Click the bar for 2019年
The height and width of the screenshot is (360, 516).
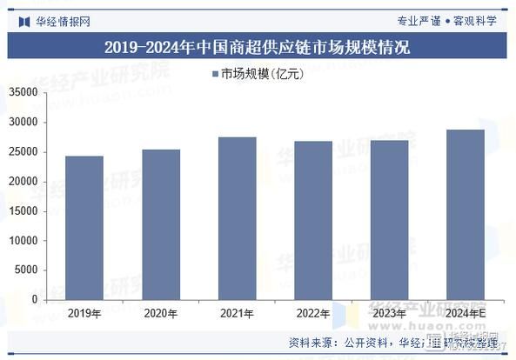(x=84, y=228)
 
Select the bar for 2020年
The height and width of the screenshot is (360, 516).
(x=161, y=224)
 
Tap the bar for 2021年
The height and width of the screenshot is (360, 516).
(x=238, y=218)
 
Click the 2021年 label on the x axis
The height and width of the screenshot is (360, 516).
(x=238, y=314)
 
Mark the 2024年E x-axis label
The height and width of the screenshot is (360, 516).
(x=466, y=314)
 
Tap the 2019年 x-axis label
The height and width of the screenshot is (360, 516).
(x=84, y=314)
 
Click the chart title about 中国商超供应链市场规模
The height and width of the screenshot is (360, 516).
(x=257, y=47)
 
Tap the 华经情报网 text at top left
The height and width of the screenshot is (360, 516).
(x=62, y=20)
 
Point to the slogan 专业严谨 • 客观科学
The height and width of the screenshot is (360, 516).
(x=446, y=20)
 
